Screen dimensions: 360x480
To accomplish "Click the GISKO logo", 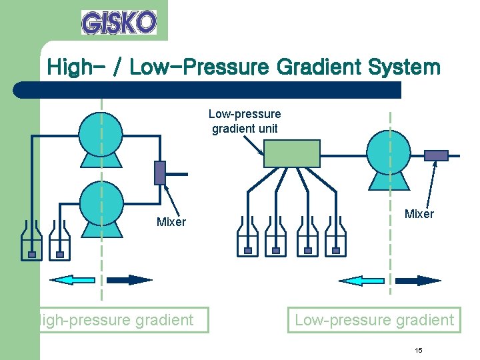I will click(x=119, y=22).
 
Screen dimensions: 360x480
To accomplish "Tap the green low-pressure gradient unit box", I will click(x=291, y=155).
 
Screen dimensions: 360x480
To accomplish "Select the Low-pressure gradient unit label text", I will click(x=245, y=121).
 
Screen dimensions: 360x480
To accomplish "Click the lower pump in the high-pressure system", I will click(x=101, y=207).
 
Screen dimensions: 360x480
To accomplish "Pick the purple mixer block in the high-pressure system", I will click(x=160, y=172).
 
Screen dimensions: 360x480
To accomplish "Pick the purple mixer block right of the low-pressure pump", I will click(x=437, y=155).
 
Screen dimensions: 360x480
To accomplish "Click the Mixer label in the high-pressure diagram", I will click(x=171, y=222).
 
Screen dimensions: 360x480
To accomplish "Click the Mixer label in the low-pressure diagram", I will click(x=419, y=214).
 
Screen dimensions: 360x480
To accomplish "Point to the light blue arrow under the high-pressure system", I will click(x=72, y=280).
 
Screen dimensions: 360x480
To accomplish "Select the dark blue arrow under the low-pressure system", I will click(x=419, y=281).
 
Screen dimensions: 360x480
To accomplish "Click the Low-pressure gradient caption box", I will click(x=374, y=320).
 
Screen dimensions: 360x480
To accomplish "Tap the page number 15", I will click(x=419, y=351).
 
